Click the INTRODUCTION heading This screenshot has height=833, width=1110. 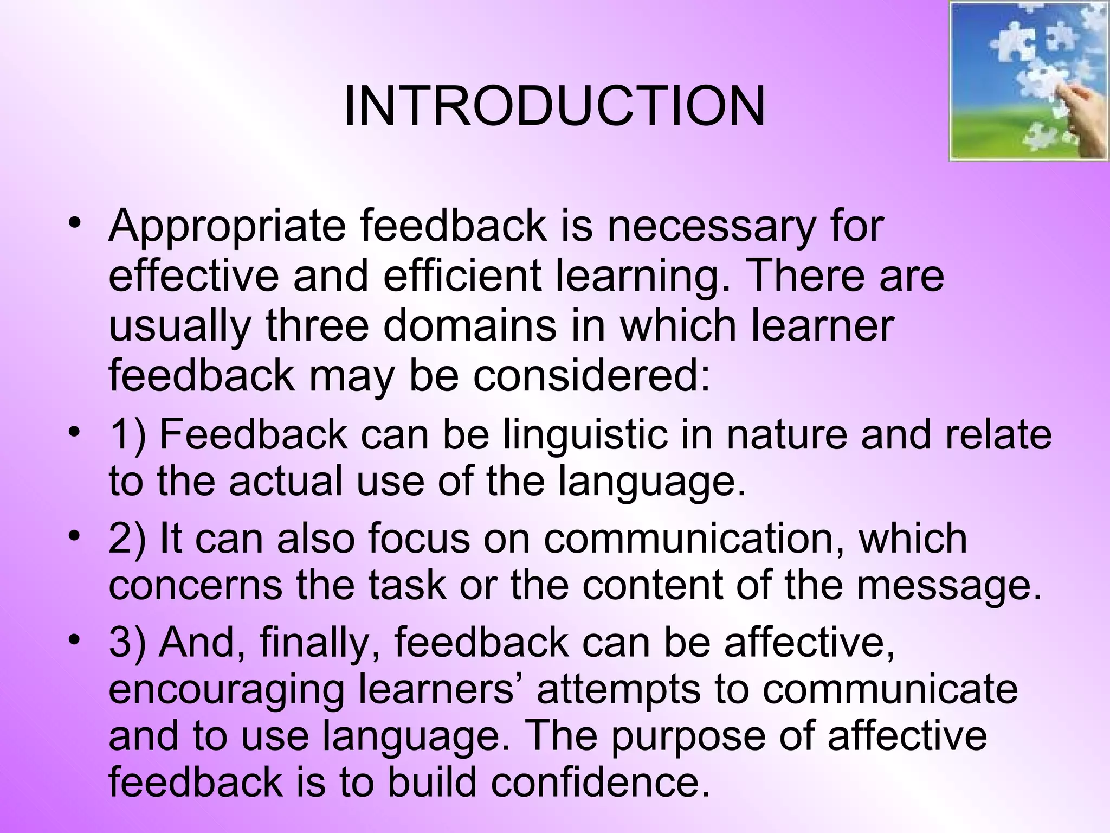point(554,107)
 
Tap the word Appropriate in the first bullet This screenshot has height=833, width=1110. point(227,226)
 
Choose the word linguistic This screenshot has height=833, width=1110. point(585,435)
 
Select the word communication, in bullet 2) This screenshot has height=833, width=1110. point(694,539)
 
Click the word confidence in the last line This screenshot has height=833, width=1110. point(600,783)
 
